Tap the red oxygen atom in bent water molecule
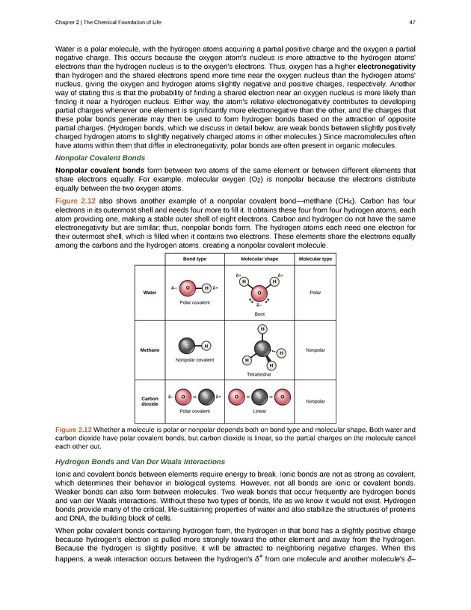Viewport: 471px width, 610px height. coord(259,293)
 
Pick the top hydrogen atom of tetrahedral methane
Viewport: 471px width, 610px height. coord(262,329)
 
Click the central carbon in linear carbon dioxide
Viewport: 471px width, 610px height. coord(259,397)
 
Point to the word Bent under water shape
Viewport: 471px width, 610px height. coord(259,315)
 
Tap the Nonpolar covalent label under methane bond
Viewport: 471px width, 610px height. coord(194,361)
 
